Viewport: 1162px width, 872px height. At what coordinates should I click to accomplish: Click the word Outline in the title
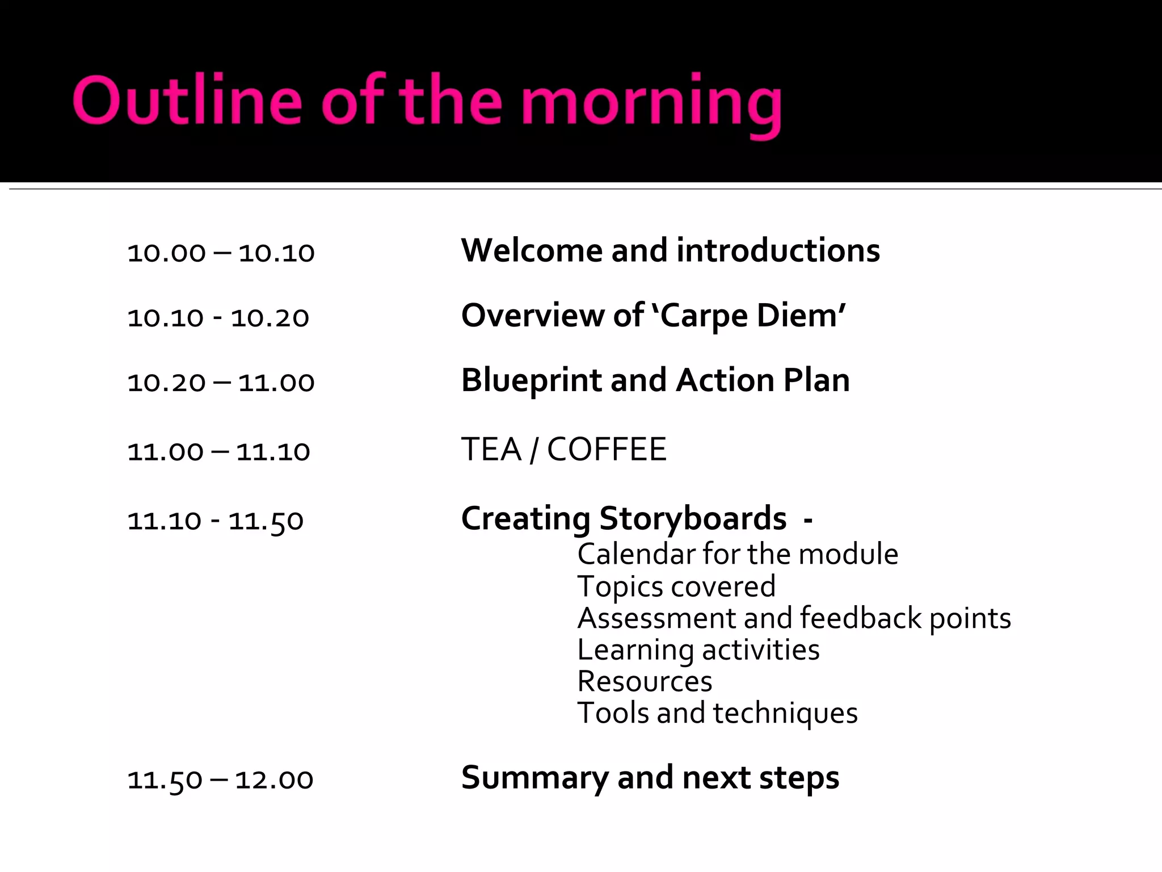coord(187,100)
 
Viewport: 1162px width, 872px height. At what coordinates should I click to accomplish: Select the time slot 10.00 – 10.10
coord(221,253)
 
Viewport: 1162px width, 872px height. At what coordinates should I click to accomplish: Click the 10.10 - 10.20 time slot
coord(218,317)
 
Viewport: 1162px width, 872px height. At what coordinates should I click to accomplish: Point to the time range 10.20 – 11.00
coord(221,382)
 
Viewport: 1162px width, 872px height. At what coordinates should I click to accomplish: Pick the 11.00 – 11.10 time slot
coord(218,451)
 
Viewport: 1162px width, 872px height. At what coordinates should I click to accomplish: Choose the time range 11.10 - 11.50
coord(216,521)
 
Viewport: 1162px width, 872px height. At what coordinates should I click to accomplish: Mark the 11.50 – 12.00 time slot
coord(220,779)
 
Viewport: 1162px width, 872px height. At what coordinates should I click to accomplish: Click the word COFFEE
coord(607,450)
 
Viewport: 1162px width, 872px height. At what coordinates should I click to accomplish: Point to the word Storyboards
coord(693,519)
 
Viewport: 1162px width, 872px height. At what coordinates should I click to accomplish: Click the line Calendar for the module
coord(738,554)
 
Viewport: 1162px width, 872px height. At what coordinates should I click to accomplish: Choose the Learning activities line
coord(698,650)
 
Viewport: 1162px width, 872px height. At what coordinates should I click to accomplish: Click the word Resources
coord(645,681)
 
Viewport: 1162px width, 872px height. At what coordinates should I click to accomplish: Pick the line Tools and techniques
coord(717,714)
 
